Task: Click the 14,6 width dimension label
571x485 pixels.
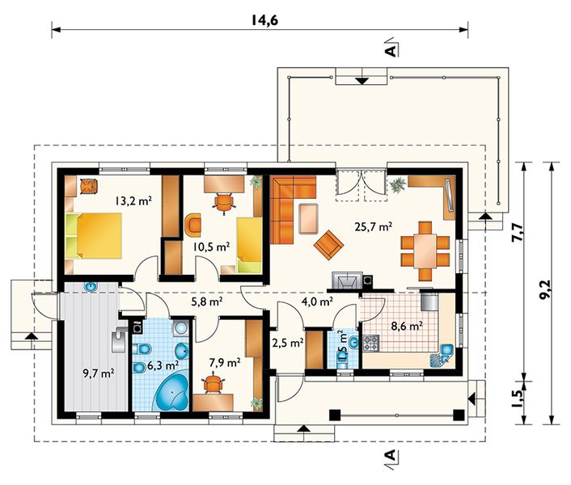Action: [x=264, y=20]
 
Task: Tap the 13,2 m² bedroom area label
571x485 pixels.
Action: [x=133, y=200]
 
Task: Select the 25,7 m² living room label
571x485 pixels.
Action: [x=374, y=226]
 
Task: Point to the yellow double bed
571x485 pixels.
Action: [x=94, y=236]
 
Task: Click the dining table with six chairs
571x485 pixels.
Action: [x=425, y=251]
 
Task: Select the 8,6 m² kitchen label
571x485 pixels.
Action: [x=407, y=326]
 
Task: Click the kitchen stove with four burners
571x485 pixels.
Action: [x=370, y=343]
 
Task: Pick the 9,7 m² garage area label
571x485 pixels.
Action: [x=99, y=373]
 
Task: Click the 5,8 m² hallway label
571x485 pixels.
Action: [x=207, y=302]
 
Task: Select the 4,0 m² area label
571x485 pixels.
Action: [x=317, y=302]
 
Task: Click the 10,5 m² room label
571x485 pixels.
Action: [x=211, y=247]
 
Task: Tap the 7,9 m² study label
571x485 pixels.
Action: [x=224, y=362]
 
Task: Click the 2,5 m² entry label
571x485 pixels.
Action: [x=288, y=343]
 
